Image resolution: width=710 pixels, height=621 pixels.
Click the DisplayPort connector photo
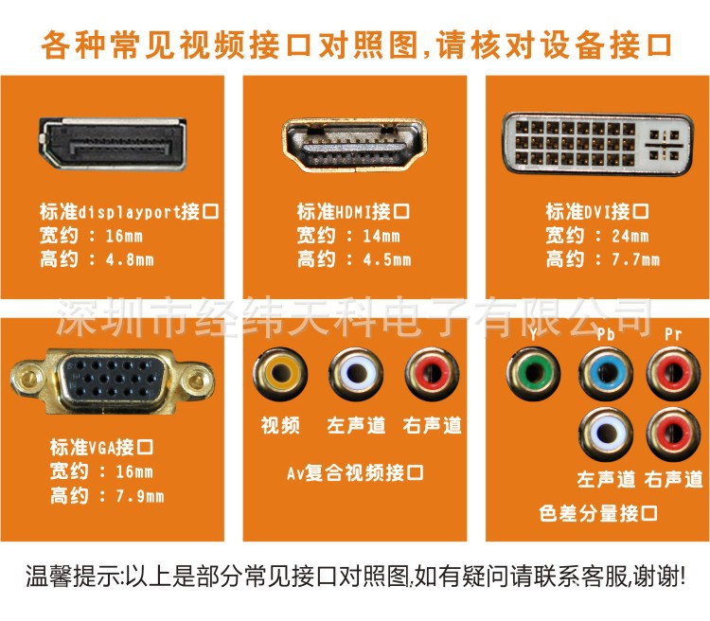pos(113,144)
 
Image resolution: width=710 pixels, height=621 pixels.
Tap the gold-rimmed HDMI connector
pos(355,146)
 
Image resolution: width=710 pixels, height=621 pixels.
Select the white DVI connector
pos(597,144)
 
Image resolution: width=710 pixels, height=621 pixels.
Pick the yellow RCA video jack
pos(280,373)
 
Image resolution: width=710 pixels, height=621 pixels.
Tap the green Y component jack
pos(533,373)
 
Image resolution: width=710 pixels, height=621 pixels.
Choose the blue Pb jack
pos(606,373)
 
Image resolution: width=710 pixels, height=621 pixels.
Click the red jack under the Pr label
pos(673,373)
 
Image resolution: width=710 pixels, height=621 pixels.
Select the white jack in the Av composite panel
pos(356,373)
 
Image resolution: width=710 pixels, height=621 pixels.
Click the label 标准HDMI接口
pos(353,211)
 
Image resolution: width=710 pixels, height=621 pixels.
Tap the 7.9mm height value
pos(139,496)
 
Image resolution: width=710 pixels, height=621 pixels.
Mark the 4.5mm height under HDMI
pos(387,259)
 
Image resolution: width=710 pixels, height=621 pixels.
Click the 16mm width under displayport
pos(124,236)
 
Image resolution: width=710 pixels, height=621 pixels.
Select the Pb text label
pos(606,334)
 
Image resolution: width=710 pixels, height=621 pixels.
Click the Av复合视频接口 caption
pos(355,473)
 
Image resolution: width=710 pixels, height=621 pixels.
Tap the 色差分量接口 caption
pos(598,513)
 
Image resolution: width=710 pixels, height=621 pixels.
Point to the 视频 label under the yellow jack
pos(280,425)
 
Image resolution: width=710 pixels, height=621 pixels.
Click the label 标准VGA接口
pos(101,448)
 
